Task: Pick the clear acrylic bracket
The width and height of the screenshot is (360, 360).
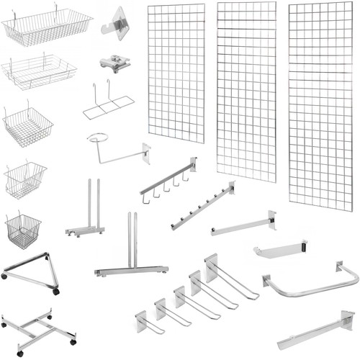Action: [x=118, y=23]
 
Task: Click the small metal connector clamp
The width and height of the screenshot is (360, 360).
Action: [x=115, y=63]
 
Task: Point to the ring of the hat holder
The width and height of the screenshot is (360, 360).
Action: [x=102, y=139]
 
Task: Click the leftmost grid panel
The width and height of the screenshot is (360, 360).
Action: [x=176, y=72]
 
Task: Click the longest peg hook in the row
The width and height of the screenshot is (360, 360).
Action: [x=230, y=277]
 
